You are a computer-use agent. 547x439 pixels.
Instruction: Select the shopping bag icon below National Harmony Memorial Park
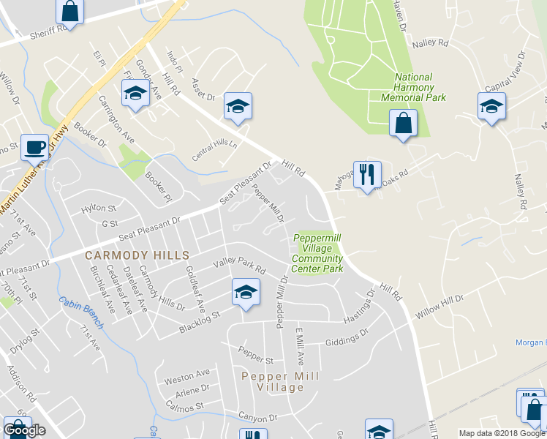pyautogui.click(x=403, y=124)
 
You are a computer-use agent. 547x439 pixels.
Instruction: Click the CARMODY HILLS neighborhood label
pyautogui.click(x=137, y=255)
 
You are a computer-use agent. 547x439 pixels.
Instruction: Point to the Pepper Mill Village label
pyautogui.click(x=281, y=381)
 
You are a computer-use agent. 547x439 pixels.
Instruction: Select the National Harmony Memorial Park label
pyautogui.click(x=413, y=87)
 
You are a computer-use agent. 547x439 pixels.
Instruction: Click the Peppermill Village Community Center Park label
pyautogui.click(x=318, y=253)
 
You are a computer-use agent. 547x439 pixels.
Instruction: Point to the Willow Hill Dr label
pyautogui.click(x=440, y=306)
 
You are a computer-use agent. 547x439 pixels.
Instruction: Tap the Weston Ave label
pyautogui.click(x=187, y=376)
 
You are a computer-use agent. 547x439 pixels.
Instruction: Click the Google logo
pyautogui.click(x=24, y=430)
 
